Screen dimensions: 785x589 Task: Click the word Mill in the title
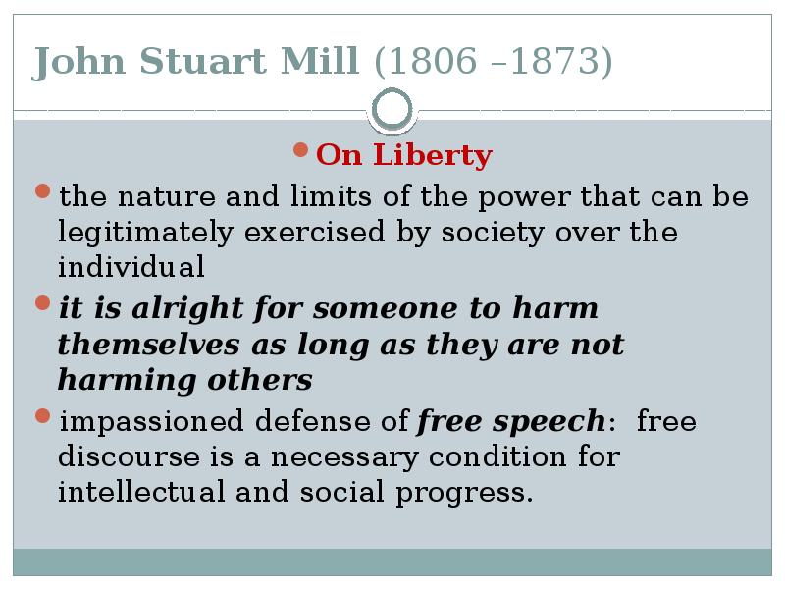pos(320,61)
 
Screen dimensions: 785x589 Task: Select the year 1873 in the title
pos(555,61)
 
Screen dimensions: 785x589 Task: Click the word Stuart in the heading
pos(202,61)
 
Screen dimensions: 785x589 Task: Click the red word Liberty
pos(433,154)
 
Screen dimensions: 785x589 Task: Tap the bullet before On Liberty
pos(300,150)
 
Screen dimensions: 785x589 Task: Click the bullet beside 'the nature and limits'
pos(43,191)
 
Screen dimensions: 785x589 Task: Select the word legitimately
pos(145,233)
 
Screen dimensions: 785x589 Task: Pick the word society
pos(493,233)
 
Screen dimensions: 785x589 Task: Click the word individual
pos(131,266)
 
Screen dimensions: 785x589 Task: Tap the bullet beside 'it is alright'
pos(43,303)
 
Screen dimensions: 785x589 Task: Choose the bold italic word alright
pos(187,308)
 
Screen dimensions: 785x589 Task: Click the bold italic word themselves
pos(149,345)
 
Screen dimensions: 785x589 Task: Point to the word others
pos(260,380)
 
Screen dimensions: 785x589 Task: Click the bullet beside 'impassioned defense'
pos(43,415)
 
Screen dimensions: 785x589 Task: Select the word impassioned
pos(152,422)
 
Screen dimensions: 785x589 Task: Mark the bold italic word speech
pos(549,422)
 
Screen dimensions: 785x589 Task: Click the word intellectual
pos(141,491)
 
